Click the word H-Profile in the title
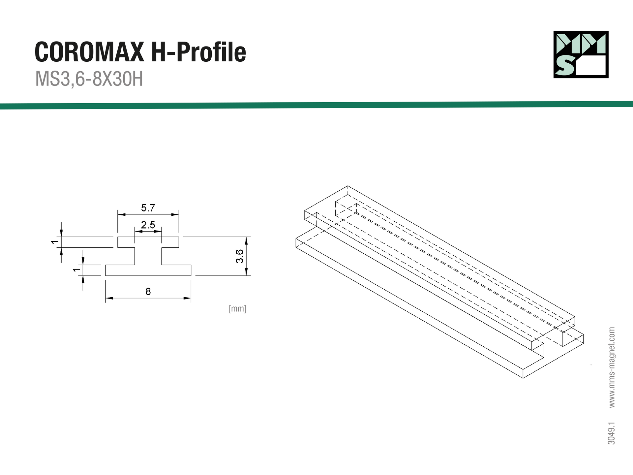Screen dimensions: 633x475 (x=199, y=52)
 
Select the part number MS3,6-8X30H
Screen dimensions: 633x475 (x=89, y=79)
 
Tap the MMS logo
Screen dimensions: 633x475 (x=581, y=54)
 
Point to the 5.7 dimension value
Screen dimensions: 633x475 (x=148, y=208)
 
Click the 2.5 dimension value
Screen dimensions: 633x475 (x=148, y=225)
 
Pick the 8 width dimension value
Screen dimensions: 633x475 (x=148, y=292)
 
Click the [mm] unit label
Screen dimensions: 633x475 (x=237, y=309)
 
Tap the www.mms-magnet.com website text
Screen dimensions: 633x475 (x=612, y=367)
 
